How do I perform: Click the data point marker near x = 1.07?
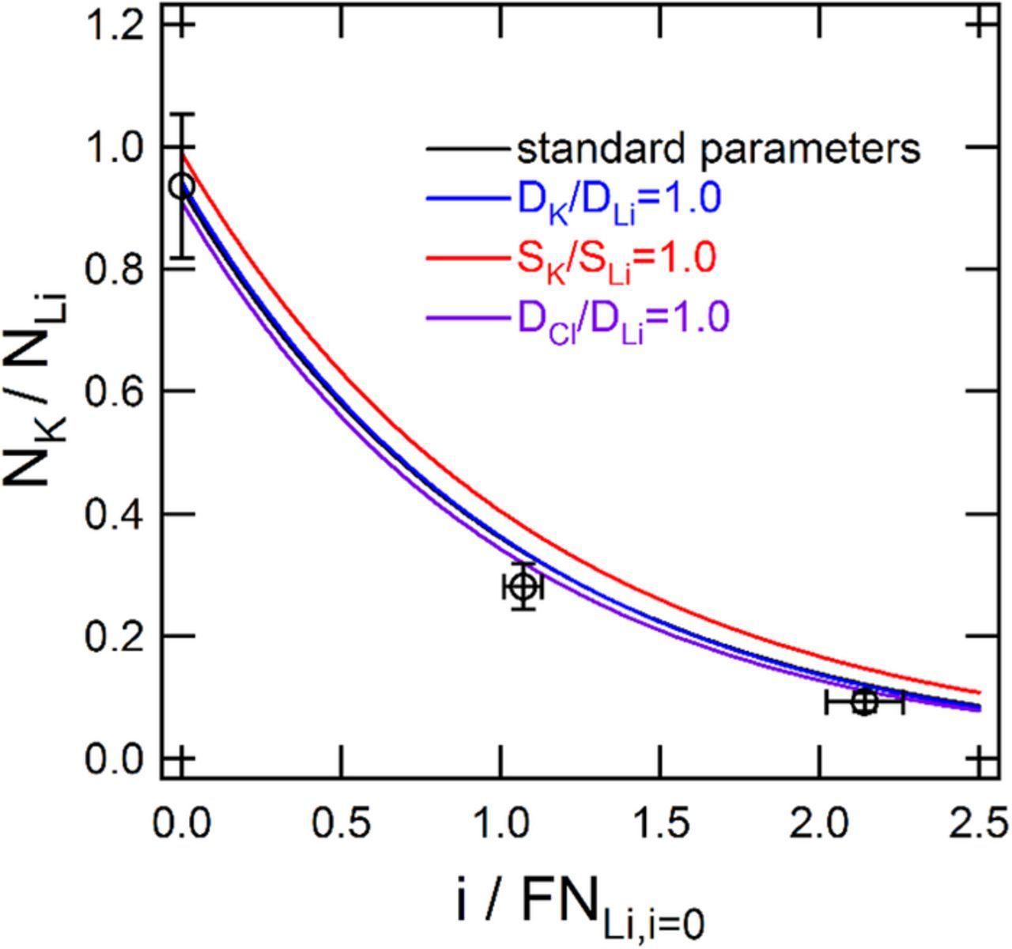523,587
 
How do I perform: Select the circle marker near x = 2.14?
864,701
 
